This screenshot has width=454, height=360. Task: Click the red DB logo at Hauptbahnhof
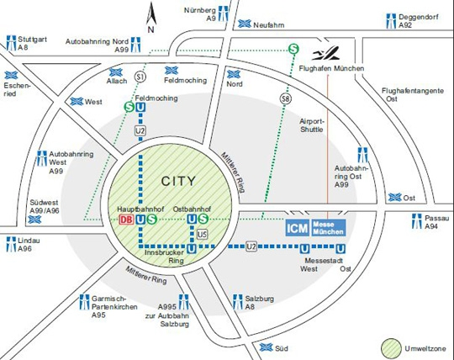click(x=126, y=220)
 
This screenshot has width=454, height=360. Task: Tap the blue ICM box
click(x=298, y=228)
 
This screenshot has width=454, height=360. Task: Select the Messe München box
click(x=329, y=228)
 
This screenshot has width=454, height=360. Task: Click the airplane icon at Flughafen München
click(x=325, y=53)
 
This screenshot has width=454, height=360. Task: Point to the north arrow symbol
click(x=150, y=17)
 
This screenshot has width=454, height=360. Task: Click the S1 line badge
click(x=140, y=77)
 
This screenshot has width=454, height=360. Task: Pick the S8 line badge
click(x=286, y=99)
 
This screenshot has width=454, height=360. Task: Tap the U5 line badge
click(x=202, y=234)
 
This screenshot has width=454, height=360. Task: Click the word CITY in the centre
click(x=178, y=182)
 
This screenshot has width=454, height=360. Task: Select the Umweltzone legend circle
click(x=391, y=348)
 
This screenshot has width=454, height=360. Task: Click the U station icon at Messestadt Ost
click(x=340, y=249)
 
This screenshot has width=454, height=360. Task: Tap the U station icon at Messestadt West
click(x=304, y=249)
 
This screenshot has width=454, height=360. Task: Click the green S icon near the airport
click(x=293, y=49)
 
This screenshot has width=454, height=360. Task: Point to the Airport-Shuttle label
click(x=312, y=125)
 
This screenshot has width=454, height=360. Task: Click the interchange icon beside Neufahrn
click(x=245, y=24)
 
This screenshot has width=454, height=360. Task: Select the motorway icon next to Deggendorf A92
click(x=391, y=21)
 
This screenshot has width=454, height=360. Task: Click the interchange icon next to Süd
click(x=266, y=347)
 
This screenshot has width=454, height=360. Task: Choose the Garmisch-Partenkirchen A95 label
click(x=114, y=307)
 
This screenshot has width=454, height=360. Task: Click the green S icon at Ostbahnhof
click(x=203, y=219)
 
